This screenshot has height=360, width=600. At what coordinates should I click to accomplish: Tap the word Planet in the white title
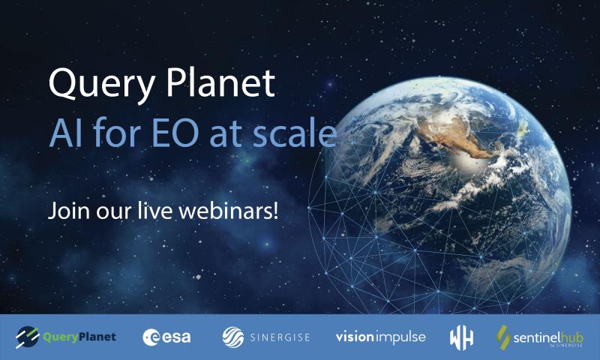tap(220, 82)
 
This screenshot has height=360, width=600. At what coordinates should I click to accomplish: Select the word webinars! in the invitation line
tap(228, 211)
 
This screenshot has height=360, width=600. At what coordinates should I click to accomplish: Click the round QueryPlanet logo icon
tap(27, 337)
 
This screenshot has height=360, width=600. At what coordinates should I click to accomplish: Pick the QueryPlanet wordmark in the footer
tap(79, 337)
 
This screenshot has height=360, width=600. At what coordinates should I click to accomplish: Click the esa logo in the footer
tap(166, 337)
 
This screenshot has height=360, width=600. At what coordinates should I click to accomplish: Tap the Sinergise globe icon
tap(233, 337)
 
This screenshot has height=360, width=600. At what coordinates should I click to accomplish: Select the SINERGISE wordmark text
tap(280, 337)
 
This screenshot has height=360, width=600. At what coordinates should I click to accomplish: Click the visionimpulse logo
tap(381, 337)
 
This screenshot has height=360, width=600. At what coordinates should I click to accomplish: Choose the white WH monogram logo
tap(461, 338)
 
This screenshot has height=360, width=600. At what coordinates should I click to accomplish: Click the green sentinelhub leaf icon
tap(503, 337)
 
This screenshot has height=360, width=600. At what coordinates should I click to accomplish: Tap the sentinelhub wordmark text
tap(548, 338)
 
